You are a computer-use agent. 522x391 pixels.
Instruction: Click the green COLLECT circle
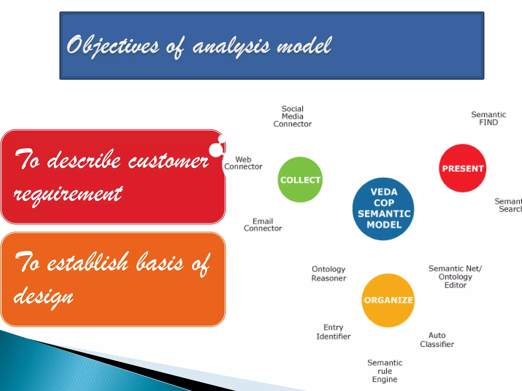(x=300, y=180)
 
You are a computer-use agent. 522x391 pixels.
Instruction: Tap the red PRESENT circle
(x=463, y=168)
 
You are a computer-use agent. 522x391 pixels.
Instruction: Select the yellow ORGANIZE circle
(x=388, y=300)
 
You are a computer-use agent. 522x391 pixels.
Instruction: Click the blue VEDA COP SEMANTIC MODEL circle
(x=384, y=209)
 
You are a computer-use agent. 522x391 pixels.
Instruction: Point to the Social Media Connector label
(x=292, y=116)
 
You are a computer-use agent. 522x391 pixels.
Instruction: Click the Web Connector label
(x=243, y=163)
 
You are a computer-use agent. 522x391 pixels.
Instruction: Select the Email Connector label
(x=263, y=225)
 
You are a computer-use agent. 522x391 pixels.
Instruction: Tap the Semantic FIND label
(x=488, y=118)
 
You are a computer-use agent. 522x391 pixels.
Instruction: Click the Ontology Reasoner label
(x=329, y=274)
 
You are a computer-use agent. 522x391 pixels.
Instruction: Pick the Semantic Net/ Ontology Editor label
(x=455, y=277)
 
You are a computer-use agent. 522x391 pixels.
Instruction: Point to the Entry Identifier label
(x=333, y=332)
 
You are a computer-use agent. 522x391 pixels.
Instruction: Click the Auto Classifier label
(x=437, y=340)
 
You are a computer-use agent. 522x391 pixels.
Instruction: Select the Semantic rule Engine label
(x=385, y=371)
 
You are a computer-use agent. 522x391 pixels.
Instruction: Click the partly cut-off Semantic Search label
(x=508, y=205)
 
